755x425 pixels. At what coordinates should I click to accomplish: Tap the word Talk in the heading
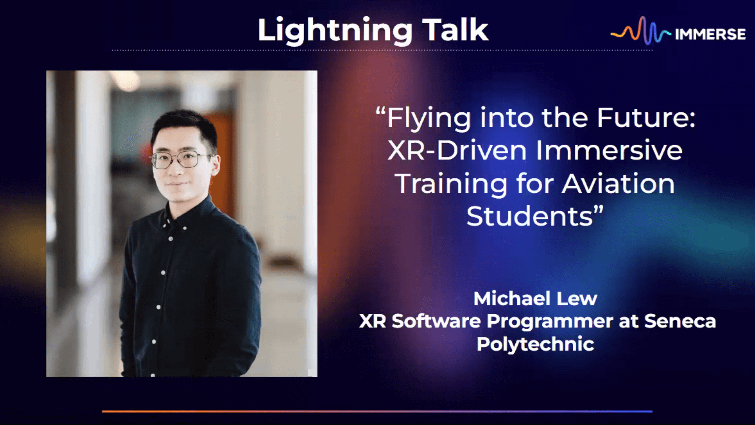[455, 29]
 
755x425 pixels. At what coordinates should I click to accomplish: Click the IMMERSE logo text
[710, 34]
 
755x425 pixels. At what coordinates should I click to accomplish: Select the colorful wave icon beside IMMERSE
[641, 30]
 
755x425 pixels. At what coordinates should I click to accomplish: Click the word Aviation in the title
[618, 183]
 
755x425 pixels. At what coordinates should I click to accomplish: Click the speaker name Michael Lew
[535, 298]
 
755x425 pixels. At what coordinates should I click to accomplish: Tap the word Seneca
[680, 321]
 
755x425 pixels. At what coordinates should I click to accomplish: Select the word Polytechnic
[535, 344]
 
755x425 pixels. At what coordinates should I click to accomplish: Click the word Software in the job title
[436, 321]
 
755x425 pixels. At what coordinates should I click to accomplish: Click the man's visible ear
[215, 166]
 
